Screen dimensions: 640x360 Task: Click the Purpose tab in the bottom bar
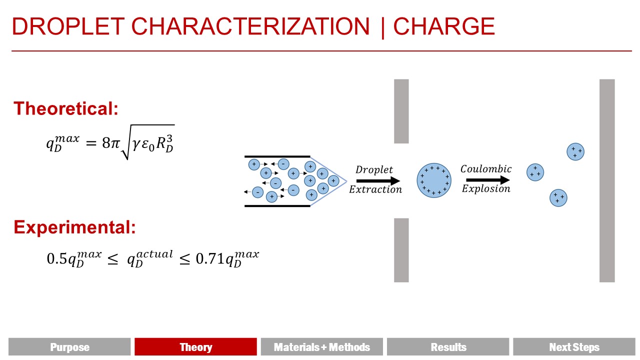tap(69, 347)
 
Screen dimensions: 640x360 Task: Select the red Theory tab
tap(195, 347)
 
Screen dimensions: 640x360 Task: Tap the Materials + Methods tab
tap(321, 347)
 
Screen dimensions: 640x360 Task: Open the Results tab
tap(448, 347)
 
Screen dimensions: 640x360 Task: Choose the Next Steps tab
tap(574, 347)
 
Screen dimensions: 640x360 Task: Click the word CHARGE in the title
tap(444, 26)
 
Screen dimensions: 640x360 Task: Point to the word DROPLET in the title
tap(68, 26)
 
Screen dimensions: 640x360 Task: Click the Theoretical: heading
tap(65, 108)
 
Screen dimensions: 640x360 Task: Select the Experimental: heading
tap(74, 227)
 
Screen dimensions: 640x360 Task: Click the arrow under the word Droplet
tap(378, 180)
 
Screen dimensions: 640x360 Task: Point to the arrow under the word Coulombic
tap(488, 180)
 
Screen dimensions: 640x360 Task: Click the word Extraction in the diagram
tap(375, 189)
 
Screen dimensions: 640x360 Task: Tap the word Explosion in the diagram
tap(486, 188)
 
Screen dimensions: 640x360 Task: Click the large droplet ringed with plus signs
tap(434, 180)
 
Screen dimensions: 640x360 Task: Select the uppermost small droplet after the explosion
tap(575, 151)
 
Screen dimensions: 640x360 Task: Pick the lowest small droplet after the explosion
tap(558, 197)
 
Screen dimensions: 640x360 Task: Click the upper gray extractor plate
tap(401, 111)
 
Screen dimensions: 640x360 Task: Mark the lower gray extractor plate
tap(401, 250)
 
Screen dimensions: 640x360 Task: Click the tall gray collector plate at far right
tap(607, 180)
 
